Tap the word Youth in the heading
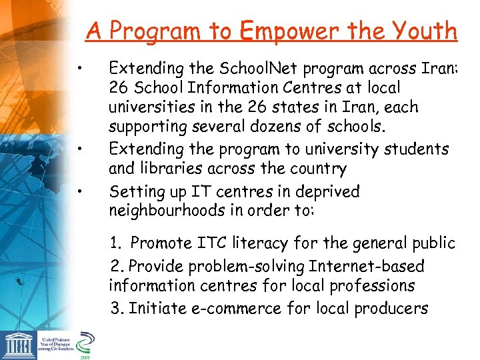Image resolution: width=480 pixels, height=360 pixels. (x=427, y=31)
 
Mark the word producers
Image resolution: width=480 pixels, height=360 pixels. (x=391, y=309)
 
